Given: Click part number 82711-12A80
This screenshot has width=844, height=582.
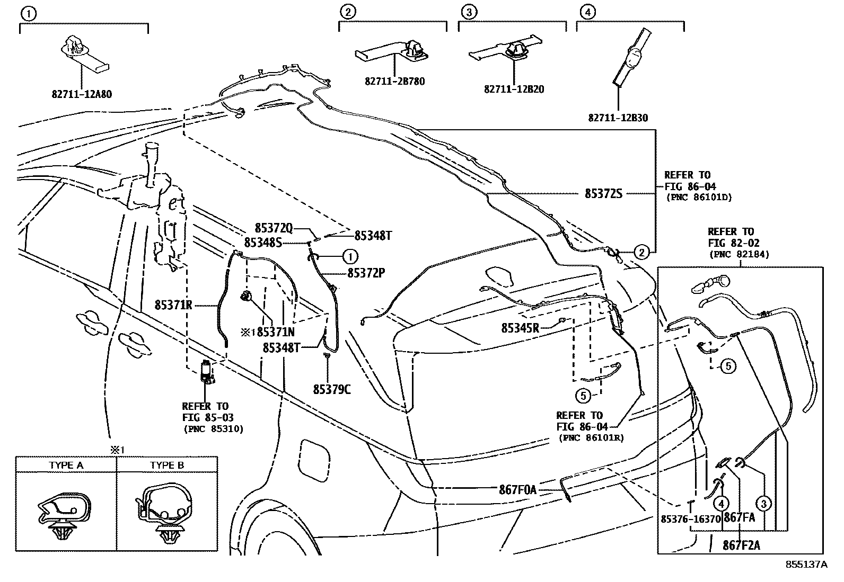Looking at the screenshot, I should [x=82, y=94].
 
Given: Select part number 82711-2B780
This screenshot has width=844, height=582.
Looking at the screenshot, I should [x=394, y=82].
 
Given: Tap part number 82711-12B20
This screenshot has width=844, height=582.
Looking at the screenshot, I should [x=514, y=89].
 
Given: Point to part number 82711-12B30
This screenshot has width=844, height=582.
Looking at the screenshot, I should [x=618, y=118].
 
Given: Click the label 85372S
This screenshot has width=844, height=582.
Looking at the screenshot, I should [x=603, y=194].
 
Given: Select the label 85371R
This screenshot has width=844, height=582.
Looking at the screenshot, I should [x=173, y=305].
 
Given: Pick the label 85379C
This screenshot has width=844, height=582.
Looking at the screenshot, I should [x=331, y=389].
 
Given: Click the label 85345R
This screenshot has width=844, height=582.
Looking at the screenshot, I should [x=520, y=328].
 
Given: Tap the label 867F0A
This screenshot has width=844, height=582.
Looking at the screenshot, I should [x=517, y=490].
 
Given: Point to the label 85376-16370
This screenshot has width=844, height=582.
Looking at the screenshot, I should [x=691, y=519].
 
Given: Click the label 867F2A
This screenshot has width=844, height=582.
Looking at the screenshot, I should [x=741, y=545].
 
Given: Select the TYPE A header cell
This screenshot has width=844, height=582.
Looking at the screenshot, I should [x=66, y=465].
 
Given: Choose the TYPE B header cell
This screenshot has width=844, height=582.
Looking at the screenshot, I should [x=167, y=465].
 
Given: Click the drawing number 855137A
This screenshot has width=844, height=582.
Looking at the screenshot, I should [x=806, y=565].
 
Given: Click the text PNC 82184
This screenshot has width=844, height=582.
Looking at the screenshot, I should [x=739, y=254].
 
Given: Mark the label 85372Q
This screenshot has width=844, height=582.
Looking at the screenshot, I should [x=274, y=228].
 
